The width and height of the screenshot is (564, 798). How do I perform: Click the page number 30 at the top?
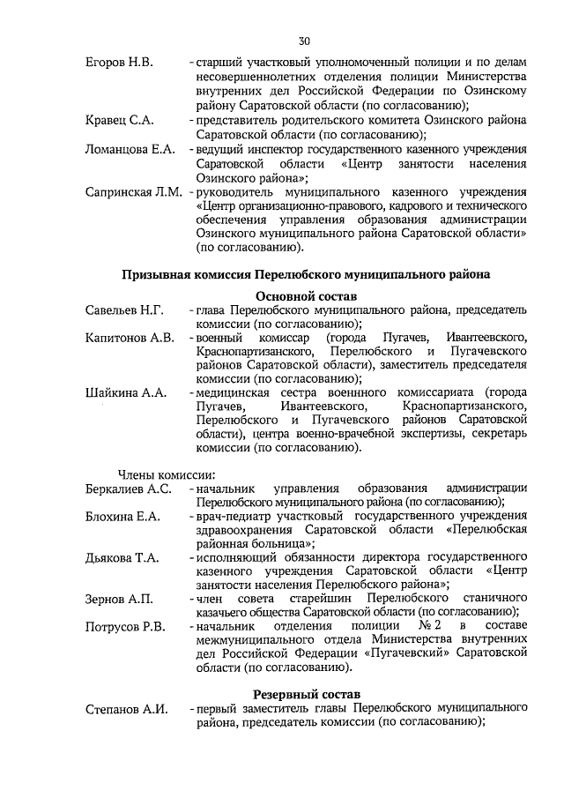point(304,41)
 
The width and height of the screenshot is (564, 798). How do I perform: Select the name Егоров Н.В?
point(119,63)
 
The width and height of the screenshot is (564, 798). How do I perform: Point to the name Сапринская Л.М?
point(133,190)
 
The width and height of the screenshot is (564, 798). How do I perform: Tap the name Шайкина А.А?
point(126,392)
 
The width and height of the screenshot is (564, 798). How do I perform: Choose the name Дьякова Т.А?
point(122,557)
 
